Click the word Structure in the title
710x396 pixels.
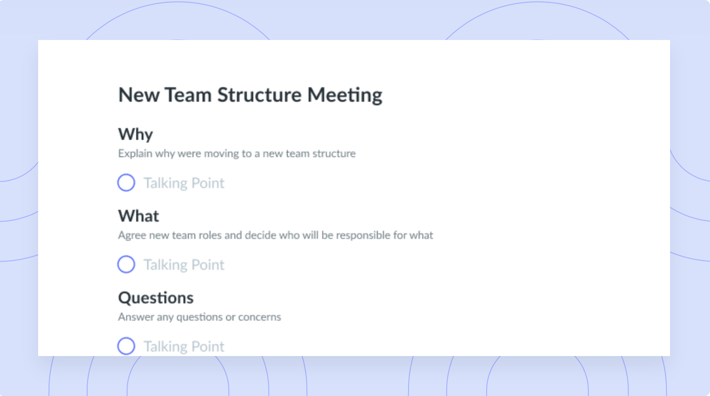(259, 95)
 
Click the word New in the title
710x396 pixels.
(138, 95)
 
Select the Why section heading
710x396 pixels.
(136, 134)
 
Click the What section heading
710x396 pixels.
(138, 216)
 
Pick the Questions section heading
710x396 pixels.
(156, 298)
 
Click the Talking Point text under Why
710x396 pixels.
(184, 183)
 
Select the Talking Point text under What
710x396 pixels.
(184, 265)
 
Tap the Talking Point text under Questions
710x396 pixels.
(184, 346)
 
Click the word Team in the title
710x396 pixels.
(188, 95)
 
